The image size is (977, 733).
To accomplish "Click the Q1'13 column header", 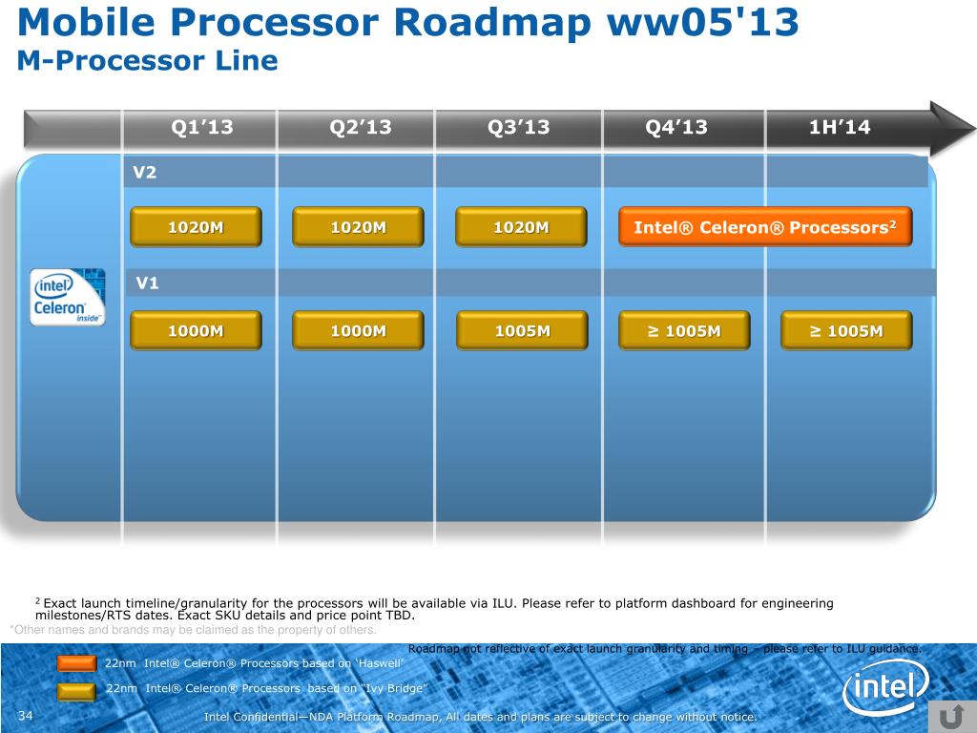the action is click(201, 128).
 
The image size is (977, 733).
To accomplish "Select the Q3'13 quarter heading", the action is click(518, 128).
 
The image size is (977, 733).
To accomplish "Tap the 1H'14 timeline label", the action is click(840, 128).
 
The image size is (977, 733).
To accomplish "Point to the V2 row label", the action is click(145, 173).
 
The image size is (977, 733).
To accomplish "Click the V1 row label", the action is click(147, 283).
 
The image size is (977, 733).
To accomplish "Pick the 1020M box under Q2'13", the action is click(358, 227).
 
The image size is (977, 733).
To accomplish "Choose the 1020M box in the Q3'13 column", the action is click(520, 227).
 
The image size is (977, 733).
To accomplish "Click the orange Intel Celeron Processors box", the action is click(765, 227).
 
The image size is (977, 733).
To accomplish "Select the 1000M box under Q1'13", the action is click(196, 331).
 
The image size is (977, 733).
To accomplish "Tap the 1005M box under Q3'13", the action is click(522, 331).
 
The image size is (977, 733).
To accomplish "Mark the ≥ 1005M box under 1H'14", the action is click(846, 331).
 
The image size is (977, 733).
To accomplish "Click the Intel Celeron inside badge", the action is click(67, 297).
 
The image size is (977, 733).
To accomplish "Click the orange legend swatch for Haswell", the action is click(76, 663).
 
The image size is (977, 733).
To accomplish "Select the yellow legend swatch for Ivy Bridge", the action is click(76, 689).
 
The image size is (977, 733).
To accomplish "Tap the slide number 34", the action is click(26, 717).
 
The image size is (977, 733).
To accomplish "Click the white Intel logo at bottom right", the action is click(885, 686).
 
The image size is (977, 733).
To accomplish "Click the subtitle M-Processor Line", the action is click(148, 61).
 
